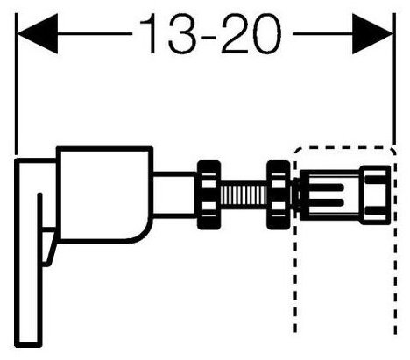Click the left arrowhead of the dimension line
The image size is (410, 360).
pos(38,34)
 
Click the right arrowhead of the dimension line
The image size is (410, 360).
pos(372,34)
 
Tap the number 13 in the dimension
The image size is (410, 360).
pos(168,34)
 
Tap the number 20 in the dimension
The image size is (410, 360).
pos(251,34)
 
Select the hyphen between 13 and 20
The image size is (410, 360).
pos(209,38)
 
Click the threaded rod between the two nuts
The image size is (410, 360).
pos(244,195)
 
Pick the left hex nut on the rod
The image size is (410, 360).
pos(209,194)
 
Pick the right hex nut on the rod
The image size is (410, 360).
pos(279,194)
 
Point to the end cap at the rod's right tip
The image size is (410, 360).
pos(375,195)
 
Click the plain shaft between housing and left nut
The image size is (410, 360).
pos(174,195)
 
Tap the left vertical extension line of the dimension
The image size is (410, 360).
pos(16,83)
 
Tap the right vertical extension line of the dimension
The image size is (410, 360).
pos(394,79)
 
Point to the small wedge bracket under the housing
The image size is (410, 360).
pos(49,247)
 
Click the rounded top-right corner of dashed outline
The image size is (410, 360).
pos(392,150)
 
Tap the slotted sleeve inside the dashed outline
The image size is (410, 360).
pos(330,195)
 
